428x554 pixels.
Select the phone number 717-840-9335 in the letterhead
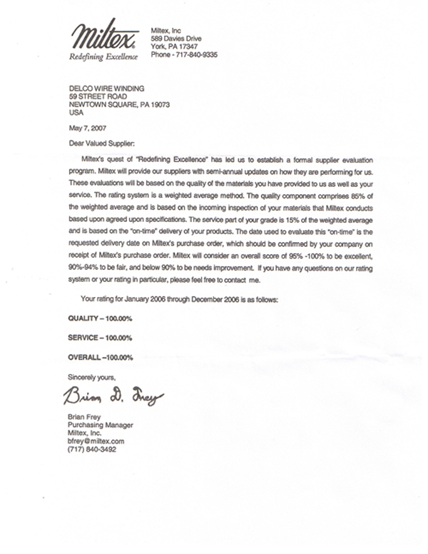click(185, 54)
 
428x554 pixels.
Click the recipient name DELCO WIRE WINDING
click(106, 88)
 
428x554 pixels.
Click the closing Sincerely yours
click(91, 376)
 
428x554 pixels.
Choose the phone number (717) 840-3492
click(91, 450)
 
